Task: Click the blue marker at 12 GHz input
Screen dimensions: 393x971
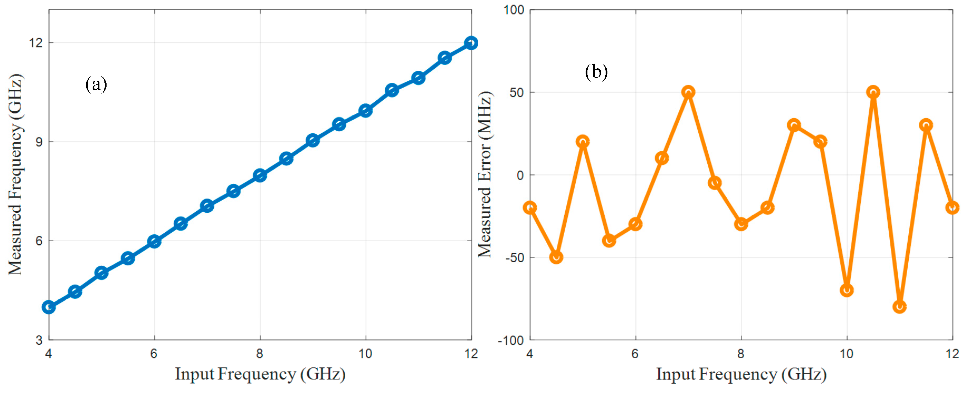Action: click(471, 43)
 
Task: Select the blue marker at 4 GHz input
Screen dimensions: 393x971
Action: click(49, 307)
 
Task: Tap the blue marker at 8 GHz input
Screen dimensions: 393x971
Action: click(260, 176)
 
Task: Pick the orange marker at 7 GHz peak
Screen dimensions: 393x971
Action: click(688, 92)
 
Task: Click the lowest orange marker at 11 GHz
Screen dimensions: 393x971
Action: click(899, 307)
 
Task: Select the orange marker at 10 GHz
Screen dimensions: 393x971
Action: click(847, 290)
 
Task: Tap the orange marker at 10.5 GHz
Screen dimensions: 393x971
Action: click(873, 92)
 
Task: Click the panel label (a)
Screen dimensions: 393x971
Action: click(96, 84)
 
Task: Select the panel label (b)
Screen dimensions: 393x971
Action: click(596, 72)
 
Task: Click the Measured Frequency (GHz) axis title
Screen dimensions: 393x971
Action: click(16, 174)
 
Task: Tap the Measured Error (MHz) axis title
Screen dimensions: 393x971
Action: click(485, 174)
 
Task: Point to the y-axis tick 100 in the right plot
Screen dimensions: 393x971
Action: click(514, 10)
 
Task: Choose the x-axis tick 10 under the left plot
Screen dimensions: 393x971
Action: click(365, 353)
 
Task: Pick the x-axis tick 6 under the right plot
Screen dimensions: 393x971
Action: click(635, 353)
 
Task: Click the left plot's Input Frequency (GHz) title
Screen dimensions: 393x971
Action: click(260, 374)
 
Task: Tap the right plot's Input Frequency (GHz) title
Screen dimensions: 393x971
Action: click(741, 374)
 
